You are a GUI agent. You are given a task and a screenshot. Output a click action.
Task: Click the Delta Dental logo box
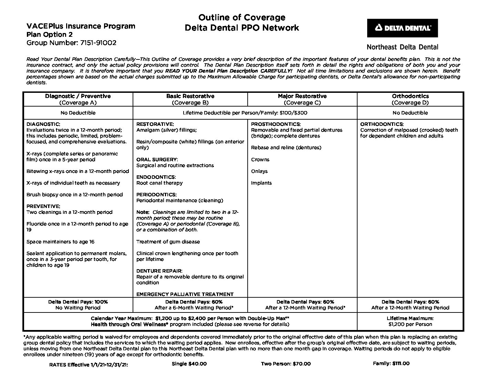(402, 28)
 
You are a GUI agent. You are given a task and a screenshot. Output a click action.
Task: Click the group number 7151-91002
(71, 43)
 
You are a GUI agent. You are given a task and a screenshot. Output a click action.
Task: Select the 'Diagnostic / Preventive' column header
(78, 96)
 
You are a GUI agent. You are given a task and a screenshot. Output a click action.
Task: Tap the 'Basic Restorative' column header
(190, 96)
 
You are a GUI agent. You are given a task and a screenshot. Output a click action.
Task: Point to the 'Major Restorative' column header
(302, 96)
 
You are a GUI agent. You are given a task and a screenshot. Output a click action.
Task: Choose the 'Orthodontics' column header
(410, 96)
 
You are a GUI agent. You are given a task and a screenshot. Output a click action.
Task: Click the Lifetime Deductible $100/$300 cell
(245, 113)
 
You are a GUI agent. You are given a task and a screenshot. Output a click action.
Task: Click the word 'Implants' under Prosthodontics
(261, 183)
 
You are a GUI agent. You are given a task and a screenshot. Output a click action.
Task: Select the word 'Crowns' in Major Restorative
(260, 159)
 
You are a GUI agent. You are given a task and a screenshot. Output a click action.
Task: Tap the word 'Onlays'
(259, 171)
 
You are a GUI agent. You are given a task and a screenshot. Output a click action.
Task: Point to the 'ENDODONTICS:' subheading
(156, 177)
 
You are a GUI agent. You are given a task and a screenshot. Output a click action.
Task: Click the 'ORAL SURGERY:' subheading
(157, 159)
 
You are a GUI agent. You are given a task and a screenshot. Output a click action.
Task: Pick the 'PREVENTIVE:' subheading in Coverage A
(43, 206)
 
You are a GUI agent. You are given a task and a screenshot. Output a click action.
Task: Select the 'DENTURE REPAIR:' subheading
(159, 271)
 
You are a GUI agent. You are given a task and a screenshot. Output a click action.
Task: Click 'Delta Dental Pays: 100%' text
(78, 302)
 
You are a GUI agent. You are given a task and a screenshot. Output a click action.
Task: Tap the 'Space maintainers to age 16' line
(60, 242)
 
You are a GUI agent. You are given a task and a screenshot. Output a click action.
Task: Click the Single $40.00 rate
(189, 364)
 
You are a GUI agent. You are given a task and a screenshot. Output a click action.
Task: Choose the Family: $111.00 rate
(391, 363)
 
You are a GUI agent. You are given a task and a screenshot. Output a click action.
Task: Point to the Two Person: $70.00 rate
(286, 364)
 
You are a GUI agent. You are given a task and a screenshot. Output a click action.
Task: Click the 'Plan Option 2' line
(50, 34)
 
